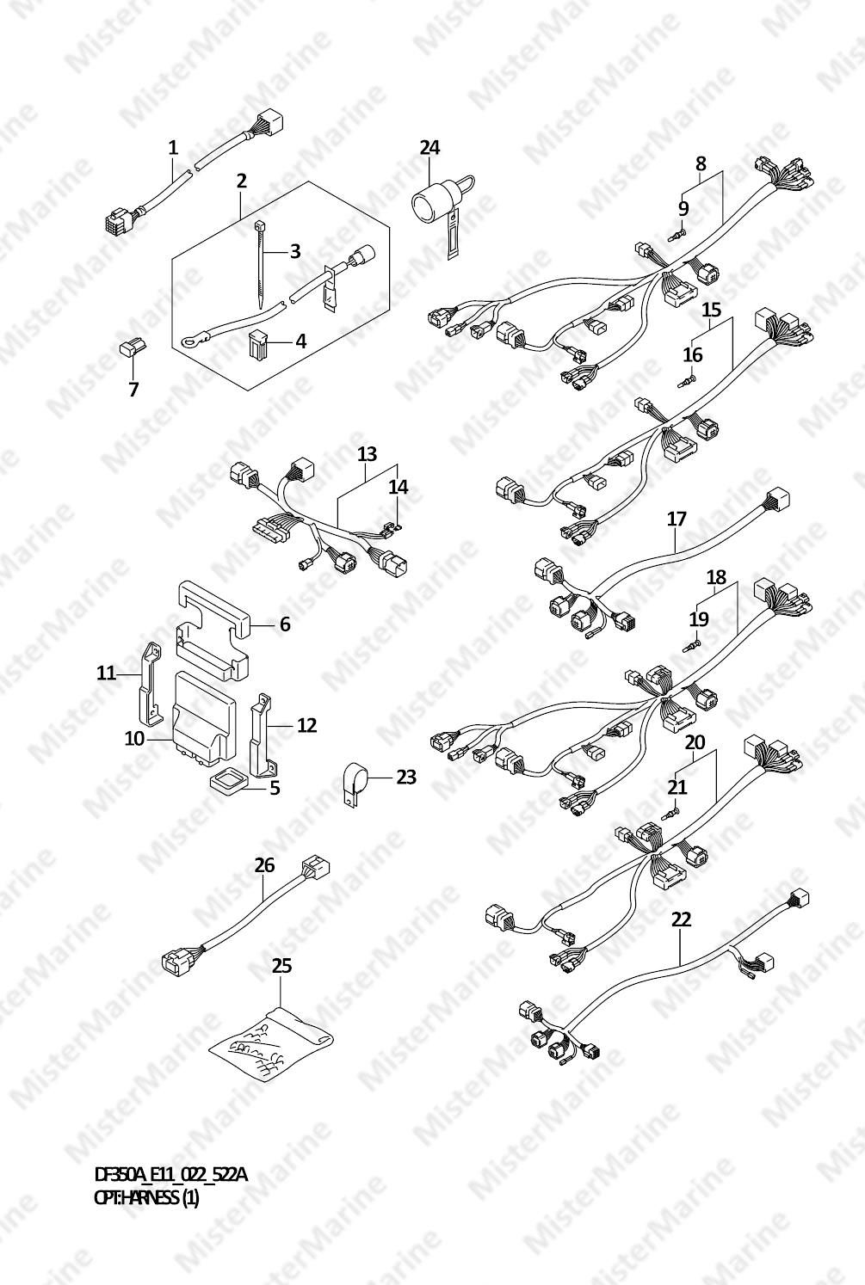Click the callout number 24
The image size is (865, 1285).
click(429, 148)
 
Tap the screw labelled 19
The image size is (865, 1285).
click(692, 646)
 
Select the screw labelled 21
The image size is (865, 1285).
click(670, 814)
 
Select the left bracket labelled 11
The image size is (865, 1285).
click(149, 682)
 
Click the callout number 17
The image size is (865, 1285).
click(677, 520)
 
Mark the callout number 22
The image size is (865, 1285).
click(682, 919)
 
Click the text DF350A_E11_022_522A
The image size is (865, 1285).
click(171, 1176)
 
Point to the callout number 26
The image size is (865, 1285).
click(264, 865)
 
